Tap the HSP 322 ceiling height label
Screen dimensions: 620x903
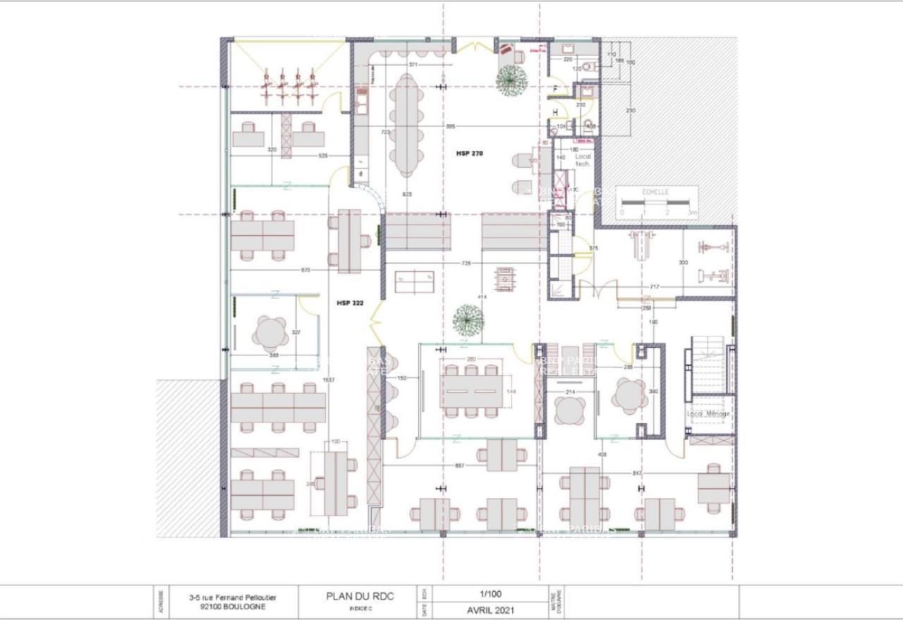pyautogui.click(x=349, y=303)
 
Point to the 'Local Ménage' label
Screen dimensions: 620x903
pyautogui.click(x=708, y=413)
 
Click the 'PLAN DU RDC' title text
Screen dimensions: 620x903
pyautogui.click(x=360, y=596)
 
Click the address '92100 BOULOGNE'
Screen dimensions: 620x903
pyautogui.click(x=232, y=607)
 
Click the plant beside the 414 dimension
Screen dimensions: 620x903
pyautogui.click(x=468, y=321)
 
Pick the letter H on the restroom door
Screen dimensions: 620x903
pyautogui.click(x=556, y=111)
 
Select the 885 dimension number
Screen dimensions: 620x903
pyautogui.click(x=450, y=126)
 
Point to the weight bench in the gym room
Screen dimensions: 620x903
pyautogui.click(x=641, y=245)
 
